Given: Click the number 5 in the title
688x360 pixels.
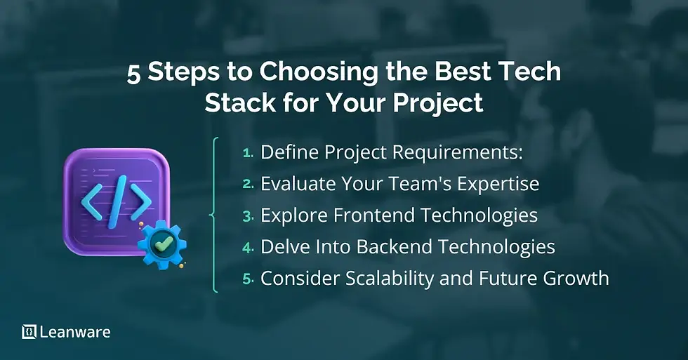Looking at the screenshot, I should (x=133, y=74).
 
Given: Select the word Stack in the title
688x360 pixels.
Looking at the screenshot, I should (x=235, y=103).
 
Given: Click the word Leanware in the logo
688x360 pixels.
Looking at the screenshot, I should (x=74, y=332).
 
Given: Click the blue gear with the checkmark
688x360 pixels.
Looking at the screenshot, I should (x=162, y=245).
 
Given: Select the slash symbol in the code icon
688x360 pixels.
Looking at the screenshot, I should (x=116, y=202).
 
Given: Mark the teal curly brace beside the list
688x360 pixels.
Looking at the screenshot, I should (x=214, y=215).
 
